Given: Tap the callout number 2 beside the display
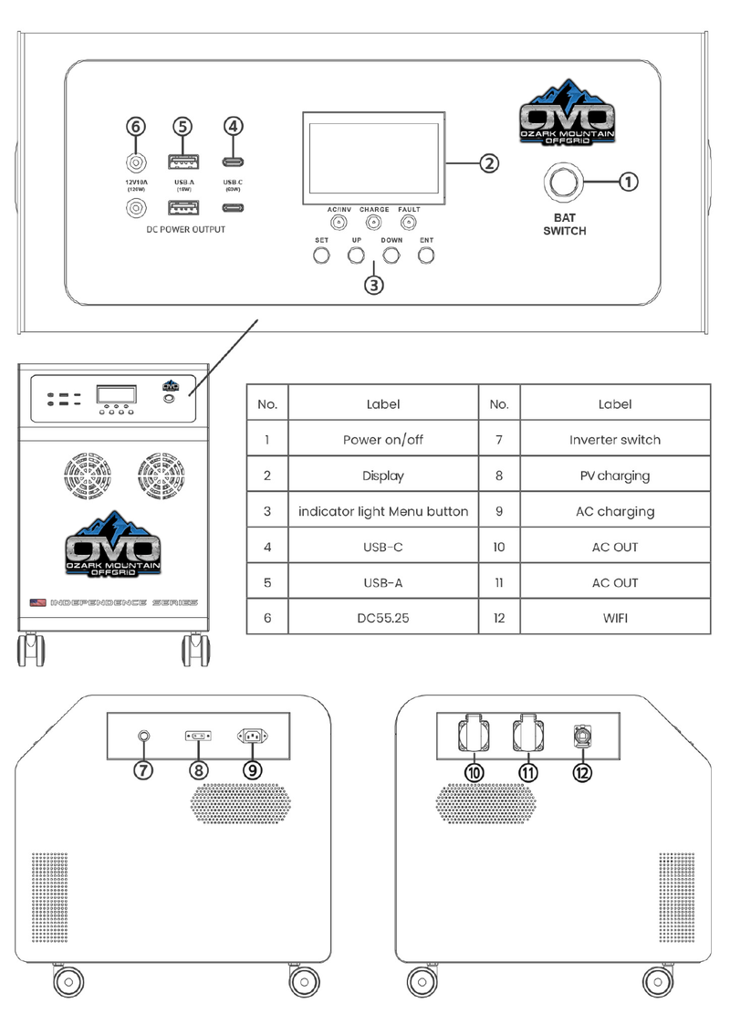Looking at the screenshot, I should (489, 163).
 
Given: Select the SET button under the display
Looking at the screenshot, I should (321, 256).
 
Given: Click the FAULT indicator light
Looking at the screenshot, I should (409, 223).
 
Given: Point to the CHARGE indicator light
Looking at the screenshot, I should (373, 223).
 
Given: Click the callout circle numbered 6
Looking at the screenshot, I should (136, 126).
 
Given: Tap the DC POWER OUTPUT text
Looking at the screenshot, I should (185, 230).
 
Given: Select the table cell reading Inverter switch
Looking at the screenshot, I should (615, 440).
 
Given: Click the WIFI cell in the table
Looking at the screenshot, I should (615, 618).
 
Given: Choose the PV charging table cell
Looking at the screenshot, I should (615, 476).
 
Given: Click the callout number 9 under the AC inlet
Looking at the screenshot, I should (253, 768).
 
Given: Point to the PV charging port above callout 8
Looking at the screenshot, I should (198, 735).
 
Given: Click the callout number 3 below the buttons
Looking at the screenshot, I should (373, 284).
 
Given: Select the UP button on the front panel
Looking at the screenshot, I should (357, 256).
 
